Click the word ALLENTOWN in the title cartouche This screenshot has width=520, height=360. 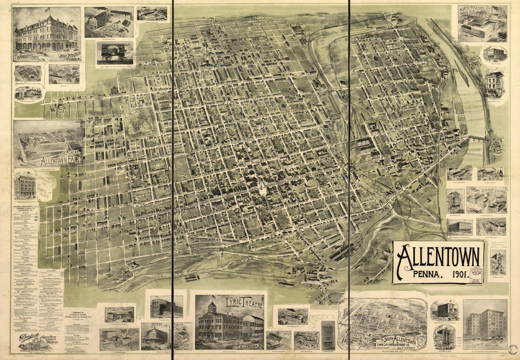[438, 258]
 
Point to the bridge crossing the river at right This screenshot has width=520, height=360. [477, 138]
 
